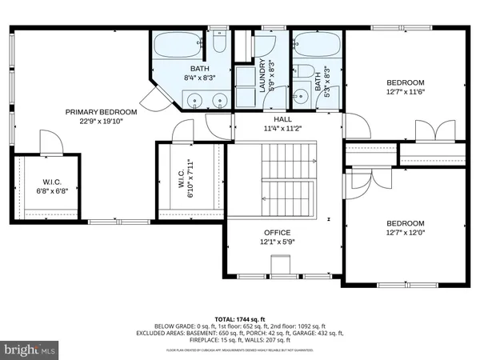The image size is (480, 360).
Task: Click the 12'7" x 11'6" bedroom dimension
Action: tap(407, 92)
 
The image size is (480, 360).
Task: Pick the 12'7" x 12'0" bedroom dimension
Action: tap(407, 233)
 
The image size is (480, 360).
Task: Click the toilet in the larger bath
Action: tap(220, 42)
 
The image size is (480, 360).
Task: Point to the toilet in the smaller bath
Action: tap(302, 71)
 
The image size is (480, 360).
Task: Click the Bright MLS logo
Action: tap(30, 349)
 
